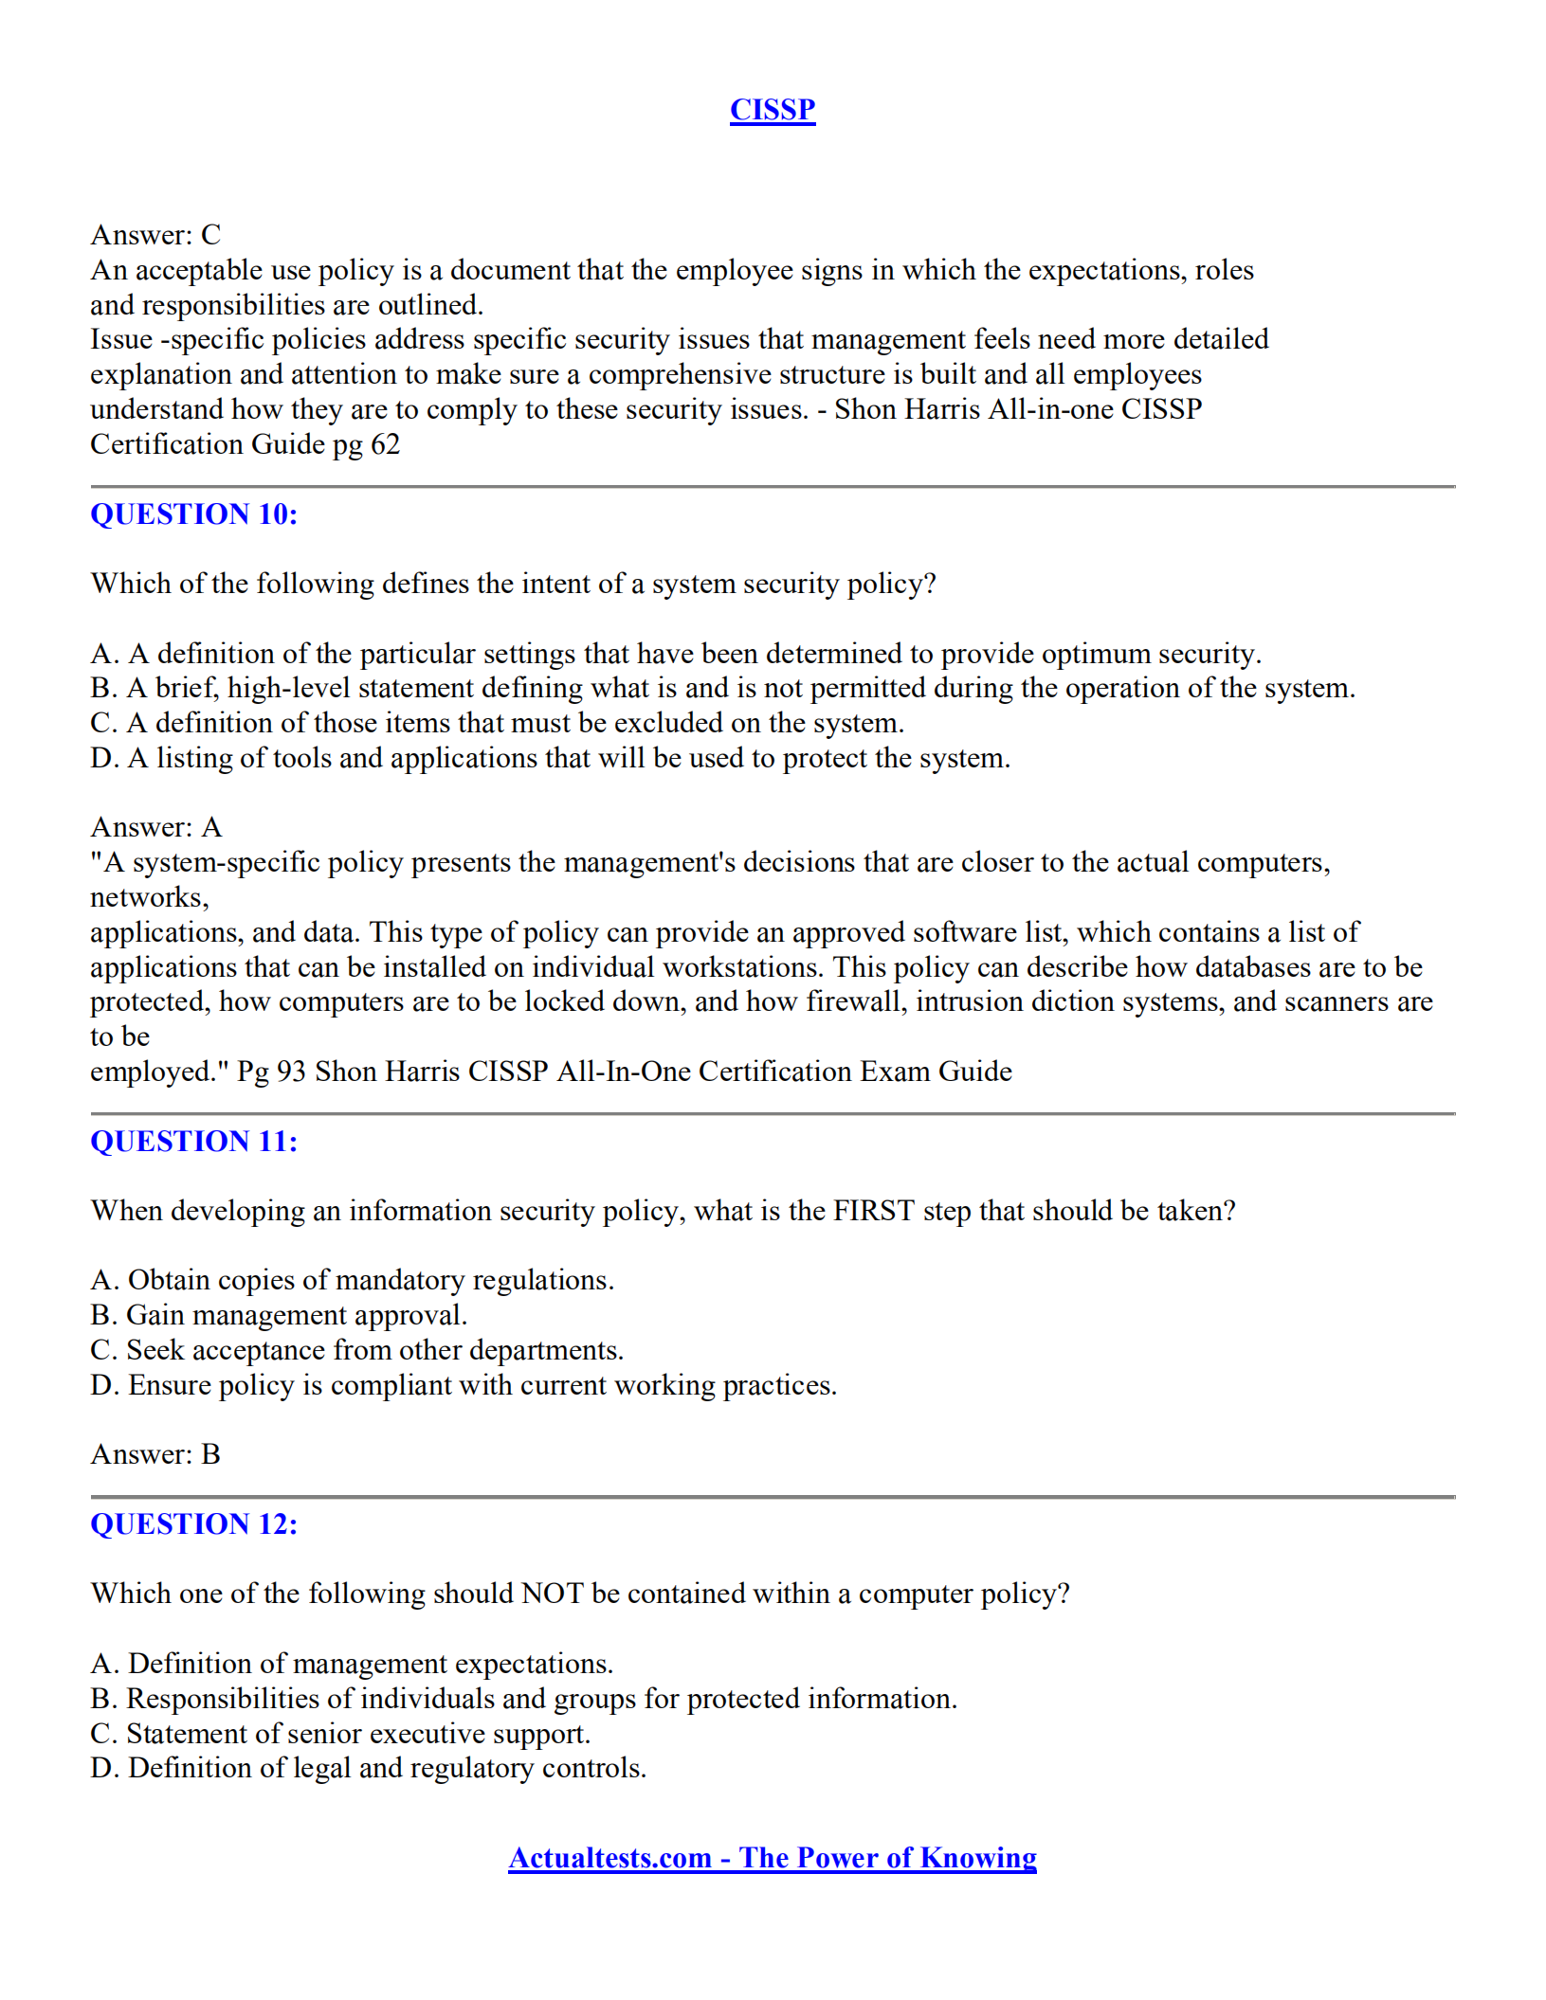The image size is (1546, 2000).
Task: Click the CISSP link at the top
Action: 772,110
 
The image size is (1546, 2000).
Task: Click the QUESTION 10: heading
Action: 193,514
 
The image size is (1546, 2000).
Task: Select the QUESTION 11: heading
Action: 193,1142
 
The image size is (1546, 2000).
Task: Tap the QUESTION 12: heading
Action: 193,1524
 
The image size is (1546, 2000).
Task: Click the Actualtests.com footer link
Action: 772,1858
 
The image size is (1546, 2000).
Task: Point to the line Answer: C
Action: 155,235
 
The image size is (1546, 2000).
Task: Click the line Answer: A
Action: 155,828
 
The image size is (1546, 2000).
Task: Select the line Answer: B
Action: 155,1455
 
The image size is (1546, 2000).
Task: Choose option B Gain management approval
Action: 279,1316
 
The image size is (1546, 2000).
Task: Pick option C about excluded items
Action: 497,724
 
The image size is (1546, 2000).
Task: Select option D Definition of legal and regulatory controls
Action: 368,1769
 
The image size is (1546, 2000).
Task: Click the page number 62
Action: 385,445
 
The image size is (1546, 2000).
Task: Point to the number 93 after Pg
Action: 291,1072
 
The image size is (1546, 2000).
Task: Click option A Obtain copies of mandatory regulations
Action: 352,1281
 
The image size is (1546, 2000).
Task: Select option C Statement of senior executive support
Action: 340,1734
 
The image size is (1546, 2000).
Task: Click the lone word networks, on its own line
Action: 149,898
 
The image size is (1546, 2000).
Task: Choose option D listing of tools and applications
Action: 550,759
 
